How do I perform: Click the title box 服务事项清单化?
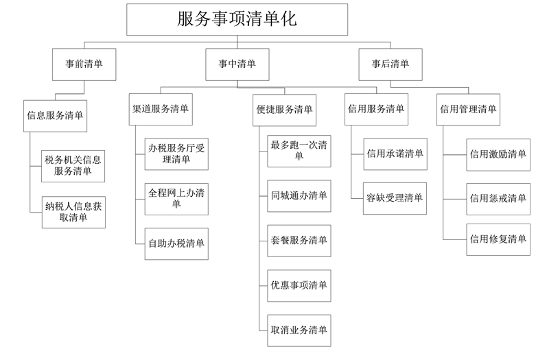(x=237, y=20)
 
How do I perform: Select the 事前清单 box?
(x=84, y=64)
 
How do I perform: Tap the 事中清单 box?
(x=237, y=64)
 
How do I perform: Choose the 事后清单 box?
(x=390, y=64)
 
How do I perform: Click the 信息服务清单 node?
(x=56, y=116)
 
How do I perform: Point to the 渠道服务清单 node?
(x=161, y=109)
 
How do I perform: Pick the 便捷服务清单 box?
(x=285, y=110)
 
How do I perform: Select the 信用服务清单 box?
(x=376, y=109)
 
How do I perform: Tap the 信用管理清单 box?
(x=468, y=110)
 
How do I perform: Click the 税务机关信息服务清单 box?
(x=73, y=166)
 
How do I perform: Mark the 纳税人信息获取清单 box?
(x=73, y=213)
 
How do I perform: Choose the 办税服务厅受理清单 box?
(x=176, y=154)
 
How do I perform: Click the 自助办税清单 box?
(x=176, y=244)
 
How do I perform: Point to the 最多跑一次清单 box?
(x=299, y=151)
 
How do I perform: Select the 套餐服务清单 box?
(x=299, y=241)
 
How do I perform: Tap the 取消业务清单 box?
(x=299, y=331)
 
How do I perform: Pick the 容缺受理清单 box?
(x=395, y=198)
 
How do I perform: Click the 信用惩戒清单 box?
(x=498, y=199)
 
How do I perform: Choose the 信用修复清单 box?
(x=498, y=239)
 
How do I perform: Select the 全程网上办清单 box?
(x=176, y=199)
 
